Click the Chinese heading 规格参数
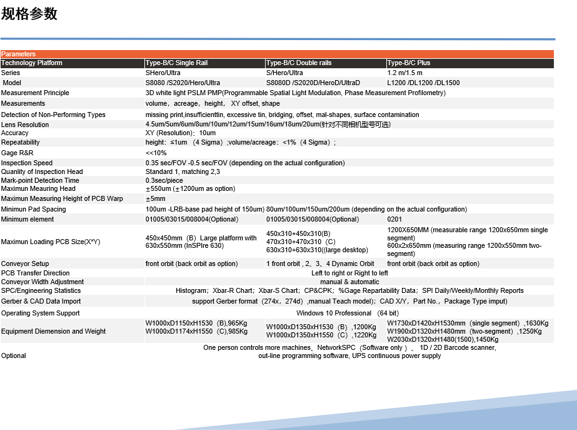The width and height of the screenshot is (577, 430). click(x=29, y=14)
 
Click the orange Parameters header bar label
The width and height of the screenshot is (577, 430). click(x=19, y=54)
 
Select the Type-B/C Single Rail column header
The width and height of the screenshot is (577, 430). click(x=176, y=63)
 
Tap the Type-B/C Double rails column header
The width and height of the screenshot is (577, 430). click(x=299, y=63)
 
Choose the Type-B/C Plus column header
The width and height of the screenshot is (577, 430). click(x=409, y=63)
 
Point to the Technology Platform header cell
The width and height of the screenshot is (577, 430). click(x=32, y=63)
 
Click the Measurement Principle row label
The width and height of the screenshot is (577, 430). click(x=35, y=93)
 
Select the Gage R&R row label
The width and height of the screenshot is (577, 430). click(x=17, y=153)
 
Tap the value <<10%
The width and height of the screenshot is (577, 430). click(x=156, y=153)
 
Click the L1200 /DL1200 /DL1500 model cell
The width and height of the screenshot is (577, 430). click(x=423, y=83)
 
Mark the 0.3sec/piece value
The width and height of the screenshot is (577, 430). click(x=164, y=180)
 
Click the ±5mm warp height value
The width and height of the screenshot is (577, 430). click(x=156, y=199)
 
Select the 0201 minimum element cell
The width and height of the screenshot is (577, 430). click(x=395, y=220)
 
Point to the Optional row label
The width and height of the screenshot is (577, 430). click(x=14, y=356)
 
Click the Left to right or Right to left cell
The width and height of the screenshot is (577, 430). click(x=349, y=274)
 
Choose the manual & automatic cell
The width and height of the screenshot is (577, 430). click(x=349, y=282)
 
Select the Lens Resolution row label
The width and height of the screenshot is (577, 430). click(x=25, y=125)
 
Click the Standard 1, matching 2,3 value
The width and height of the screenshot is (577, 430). click(x=183, y=172)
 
